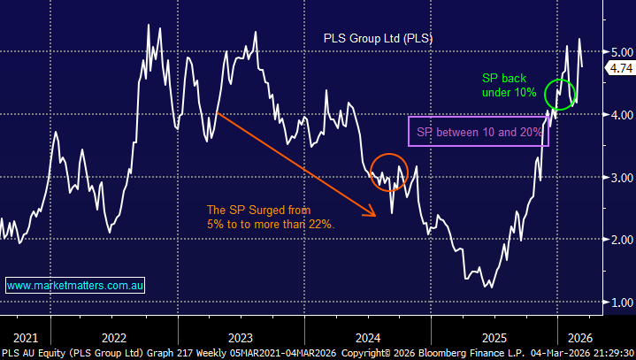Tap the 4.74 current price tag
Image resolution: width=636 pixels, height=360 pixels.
(x=620, y=68)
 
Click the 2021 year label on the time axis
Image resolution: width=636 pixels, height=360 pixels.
(x=26, y=337)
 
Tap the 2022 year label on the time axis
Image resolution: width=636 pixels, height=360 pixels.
(x=113, y=337)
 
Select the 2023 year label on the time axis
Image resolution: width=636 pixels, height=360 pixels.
(x=241, y=337)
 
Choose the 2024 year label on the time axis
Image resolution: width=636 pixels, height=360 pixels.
(x=368, y=337)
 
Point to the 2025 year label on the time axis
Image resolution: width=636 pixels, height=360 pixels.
(x=494, y=337)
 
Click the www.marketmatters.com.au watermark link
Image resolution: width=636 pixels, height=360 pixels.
(x=76, y=286)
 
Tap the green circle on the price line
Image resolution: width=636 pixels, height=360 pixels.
(x=560, y=92)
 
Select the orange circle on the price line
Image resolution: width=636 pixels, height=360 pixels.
(x=388, y=172)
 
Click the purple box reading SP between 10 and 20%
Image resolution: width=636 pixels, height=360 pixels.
(x=476, y=132)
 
